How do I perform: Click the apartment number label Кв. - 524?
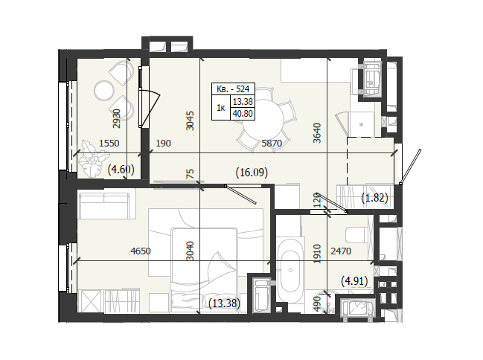(x=233, y=89)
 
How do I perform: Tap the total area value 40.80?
(x=243, y=114)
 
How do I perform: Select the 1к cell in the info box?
(x=221, y=108)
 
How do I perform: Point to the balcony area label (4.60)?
(x=121, y=170)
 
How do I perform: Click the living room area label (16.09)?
(x=252, y=173)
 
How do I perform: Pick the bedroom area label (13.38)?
(x=224, y=303)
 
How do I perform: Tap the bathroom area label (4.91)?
(x=354, y=281)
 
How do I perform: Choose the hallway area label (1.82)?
(x=374, y=198)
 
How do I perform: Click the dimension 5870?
(x=272, y=144)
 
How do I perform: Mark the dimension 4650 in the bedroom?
(x=141, y=251)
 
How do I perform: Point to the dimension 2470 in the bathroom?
(x=341, y=251)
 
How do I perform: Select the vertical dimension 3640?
(x=317, y=133)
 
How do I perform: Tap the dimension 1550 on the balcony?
(x=109, y=144)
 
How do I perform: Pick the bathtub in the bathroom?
(x=290, y=271)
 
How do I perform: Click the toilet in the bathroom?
(x=356, y=235)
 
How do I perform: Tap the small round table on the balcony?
(x=103, y=91)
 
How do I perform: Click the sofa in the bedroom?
(x=106, y=204)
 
